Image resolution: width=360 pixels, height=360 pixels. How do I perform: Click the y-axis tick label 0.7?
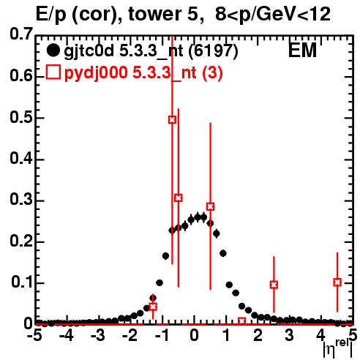pyautogui.click(x=21, y=34)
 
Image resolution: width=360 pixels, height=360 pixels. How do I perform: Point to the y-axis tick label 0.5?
pyautogui.click(x=21, y=118)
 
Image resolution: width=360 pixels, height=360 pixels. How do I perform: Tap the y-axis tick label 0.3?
pyautogui.click(x=21, y=200)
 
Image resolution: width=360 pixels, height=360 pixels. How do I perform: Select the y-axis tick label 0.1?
pyautogui.click(x=22, y=282)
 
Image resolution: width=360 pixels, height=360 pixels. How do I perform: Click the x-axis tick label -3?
pyautogui.click(x=98, y=335)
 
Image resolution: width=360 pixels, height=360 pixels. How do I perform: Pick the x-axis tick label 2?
pyautogui.click(x=258, y=335)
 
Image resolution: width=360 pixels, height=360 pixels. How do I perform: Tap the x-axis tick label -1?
pyautogui.click(x=162, y=335)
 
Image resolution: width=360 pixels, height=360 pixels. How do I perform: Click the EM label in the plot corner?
pyautogui.click(x=302, y=50)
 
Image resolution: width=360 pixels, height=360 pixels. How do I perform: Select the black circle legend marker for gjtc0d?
pyautogui.click(x=53, y=50)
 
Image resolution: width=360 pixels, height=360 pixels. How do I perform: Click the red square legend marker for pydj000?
pyautogui.click(x=53, y=72)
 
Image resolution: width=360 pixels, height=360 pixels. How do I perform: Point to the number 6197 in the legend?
pyautogui.click(x=213, y=50)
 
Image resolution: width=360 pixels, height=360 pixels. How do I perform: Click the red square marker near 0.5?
pyautogui.click(x=172, y=120)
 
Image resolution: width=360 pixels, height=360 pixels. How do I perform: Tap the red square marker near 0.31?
pyautogui.click(x=179, y=198)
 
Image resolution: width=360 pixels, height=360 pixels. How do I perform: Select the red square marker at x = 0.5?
pyautogui.click(x=211, y=206)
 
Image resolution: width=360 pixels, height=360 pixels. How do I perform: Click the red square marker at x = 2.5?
pyautogui.click(x=274, y=285)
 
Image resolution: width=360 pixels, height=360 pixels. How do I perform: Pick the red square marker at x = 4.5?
pyautogui.click(x=337, y=282)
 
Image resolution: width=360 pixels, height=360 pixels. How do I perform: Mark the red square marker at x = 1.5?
pyautogui.click(x=242, y=321)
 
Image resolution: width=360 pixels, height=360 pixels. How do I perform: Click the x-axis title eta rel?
pyautogui.click(x=338, y=349)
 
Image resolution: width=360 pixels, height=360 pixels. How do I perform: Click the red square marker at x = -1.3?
pyautogui.click(x=153, y=307)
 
